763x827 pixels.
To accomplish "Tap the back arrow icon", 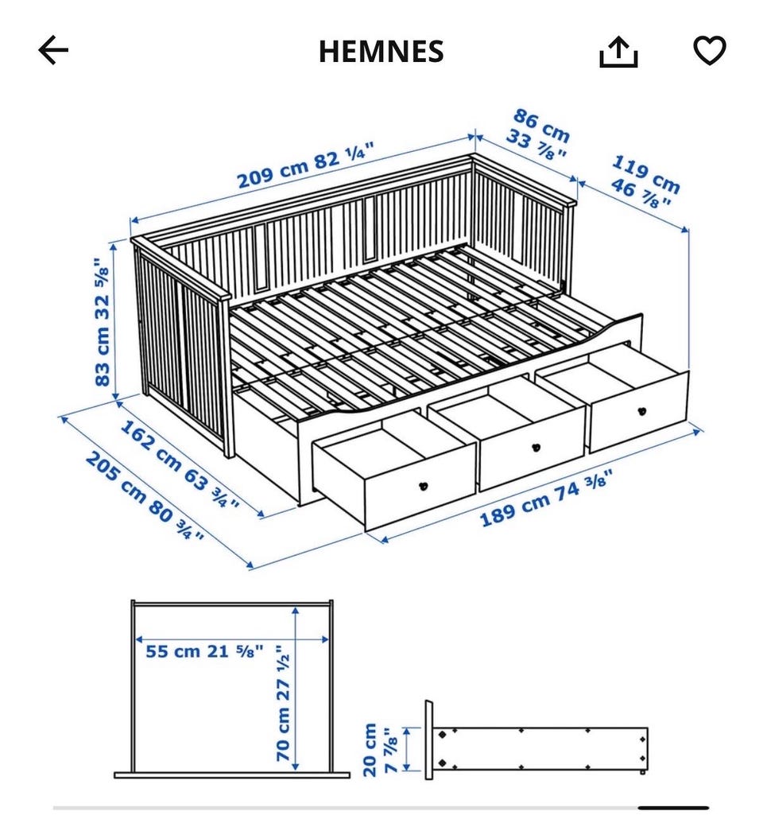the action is pyautogui.click(x=53, y=50).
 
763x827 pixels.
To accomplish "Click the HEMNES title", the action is pyautogui.click(x=381, y=51).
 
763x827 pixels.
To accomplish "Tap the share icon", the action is pyautogui.click(x=618, y=52).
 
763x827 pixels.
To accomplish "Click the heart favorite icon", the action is pyautogui.click(x=709, y=50).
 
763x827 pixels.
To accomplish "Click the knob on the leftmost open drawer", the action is pyautogui.click(x=423, y=486).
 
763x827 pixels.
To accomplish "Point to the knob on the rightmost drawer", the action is pyautogui.click(x=641, y=411).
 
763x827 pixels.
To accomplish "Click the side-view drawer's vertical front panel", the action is pyautogui.click(x=428, y=740).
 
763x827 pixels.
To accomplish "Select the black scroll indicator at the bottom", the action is pyautogui.click(x=673, y=807).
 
